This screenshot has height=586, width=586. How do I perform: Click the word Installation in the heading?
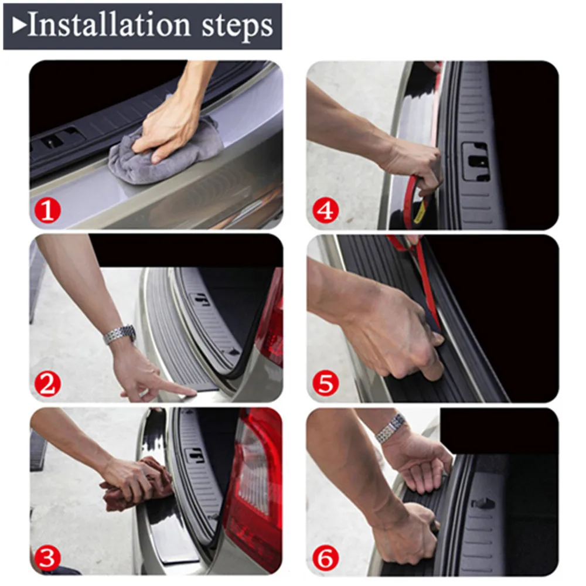point(109,25)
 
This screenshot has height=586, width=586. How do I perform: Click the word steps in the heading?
point(237,27)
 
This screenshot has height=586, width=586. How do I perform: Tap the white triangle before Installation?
point(19,26)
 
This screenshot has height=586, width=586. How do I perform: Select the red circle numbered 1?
point(47,211)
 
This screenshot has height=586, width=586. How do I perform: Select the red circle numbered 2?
point(47,384)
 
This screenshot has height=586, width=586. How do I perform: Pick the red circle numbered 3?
point(47,558)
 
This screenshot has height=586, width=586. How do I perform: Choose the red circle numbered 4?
point(325,211)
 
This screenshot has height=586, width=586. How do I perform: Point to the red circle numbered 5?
point(325,383)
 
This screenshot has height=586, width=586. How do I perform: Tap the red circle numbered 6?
point(325,558)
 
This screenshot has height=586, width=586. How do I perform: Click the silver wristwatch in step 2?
point(120,335)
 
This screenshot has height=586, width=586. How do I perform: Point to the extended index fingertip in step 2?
point(193,391)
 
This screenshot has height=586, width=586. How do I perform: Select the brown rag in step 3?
point(135,485)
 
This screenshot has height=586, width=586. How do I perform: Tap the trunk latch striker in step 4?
point(475,162)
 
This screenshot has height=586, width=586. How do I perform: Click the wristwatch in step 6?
point(391,429)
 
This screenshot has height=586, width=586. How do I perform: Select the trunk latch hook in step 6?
point(483,504)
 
